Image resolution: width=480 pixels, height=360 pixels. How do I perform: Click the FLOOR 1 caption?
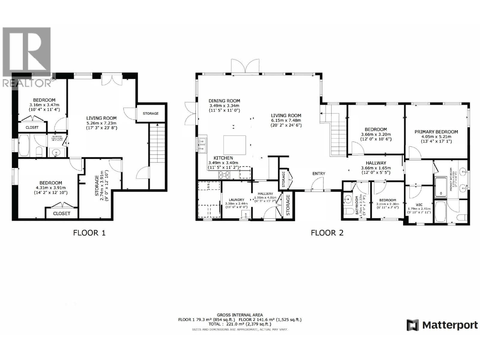89,232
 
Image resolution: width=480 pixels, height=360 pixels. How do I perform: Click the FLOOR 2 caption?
327,232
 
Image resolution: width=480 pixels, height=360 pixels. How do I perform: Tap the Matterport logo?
442,325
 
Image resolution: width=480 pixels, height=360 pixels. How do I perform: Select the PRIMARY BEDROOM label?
436,132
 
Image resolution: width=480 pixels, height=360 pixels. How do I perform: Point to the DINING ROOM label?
224,101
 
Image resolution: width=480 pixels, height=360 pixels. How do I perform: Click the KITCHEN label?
223,158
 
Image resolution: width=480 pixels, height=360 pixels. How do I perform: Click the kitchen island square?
235,145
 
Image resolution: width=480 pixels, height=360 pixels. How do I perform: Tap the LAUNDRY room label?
236,199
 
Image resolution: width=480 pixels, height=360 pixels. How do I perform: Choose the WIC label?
419,205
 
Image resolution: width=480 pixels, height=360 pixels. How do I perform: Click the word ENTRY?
319,173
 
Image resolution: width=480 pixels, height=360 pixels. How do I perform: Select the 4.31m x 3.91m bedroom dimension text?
51,187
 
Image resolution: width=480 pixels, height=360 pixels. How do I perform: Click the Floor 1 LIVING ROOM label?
101,118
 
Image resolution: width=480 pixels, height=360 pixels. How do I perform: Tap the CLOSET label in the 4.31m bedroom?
61,213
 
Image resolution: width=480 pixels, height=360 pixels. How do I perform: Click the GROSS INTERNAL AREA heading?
240,315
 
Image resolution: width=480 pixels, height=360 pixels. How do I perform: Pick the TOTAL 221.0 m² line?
240,324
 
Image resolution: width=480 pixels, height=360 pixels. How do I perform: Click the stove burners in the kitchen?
224,174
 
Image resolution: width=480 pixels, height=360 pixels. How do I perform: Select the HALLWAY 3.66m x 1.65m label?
376,163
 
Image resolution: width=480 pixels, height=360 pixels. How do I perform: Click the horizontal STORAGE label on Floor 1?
151,113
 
